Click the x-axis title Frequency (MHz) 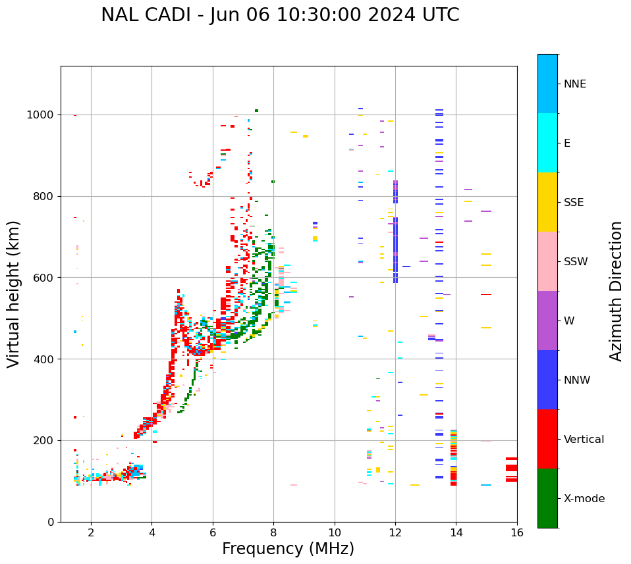click(288, 549)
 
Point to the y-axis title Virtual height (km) click(14, 294)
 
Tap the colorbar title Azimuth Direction click(616, 290)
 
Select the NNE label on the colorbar click(574, 84)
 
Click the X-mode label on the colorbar click(584, 499)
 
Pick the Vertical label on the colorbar click(584, 440)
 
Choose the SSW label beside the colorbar click(575, 262)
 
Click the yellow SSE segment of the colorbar click(547, 202)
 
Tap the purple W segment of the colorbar click(547, 320)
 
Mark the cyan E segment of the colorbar click(547, 143)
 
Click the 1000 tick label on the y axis click(41, 115)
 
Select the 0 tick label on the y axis click(51, 522)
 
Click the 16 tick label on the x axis click(517, 533)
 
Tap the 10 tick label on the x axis click(335, 533)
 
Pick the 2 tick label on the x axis click(91, 533)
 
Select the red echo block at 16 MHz click(511, 468)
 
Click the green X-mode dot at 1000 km click(256, 111)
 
